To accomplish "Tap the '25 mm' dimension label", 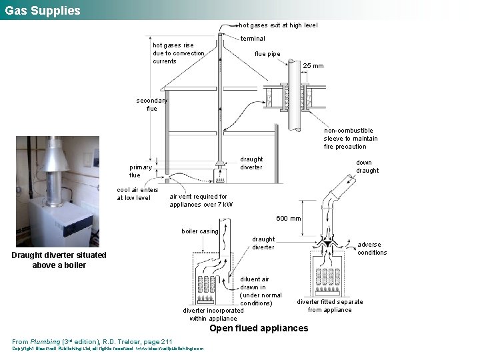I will [313, 66].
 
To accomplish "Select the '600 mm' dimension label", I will [289, 219].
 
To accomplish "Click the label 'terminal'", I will [253, 39].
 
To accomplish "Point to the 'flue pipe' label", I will [267, 54].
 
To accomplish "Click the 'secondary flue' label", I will [151, 104].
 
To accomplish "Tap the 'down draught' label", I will [367, 167].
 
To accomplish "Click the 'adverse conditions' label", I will [372, 248].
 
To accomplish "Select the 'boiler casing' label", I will [200, 231].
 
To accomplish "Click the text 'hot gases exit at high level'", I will [278, 25].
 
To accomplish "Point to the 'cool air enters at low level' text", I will [137, 193].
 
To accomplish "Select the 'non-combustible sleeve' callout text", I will [348, 139].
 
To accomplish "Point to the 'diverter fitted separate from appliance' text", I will [330, 306].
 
